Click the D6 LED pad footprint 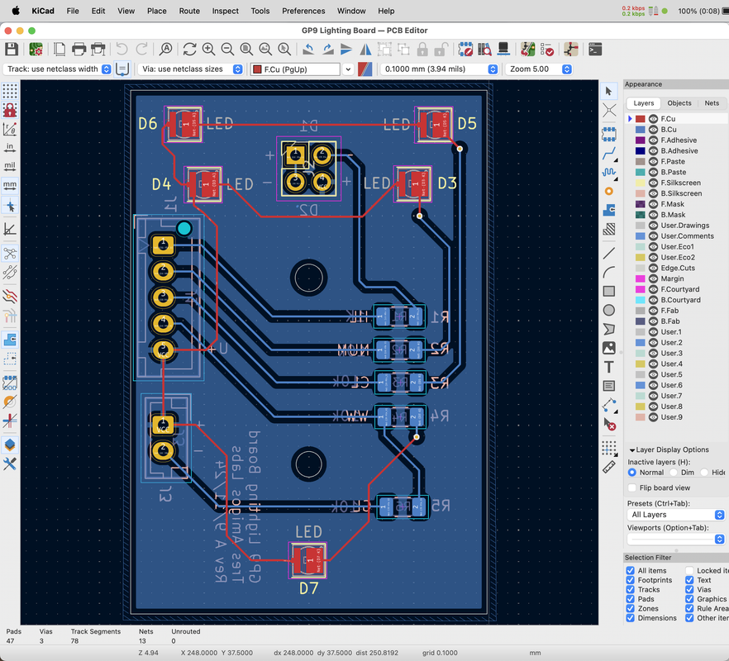click(183, 124)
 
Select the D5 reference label click(467, 123)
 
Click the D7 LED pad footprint click(308, 561)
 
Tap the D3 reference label click(447, 183)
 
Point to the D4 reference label click(161, 183)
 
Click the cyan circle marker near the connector click(184, 228)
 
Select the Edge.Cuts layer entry click(678, 268)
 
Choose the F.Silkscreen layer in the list click(680, 183)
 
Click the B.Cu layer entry click(669, 130)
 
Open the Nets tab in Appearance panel click(712, 103)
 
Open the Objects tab click(679, 103)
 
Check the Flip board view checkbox click(633, 487)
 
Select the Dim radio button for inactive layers click(674, 473)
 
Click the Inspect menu click(225, 11)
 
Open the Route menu click(189, 11)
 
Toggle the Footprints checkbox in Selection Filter click(631, 580)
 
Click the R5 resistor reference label click(440, 505)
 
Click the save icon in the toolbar click(12, 50)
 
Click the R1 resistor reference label click(440, 316)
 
